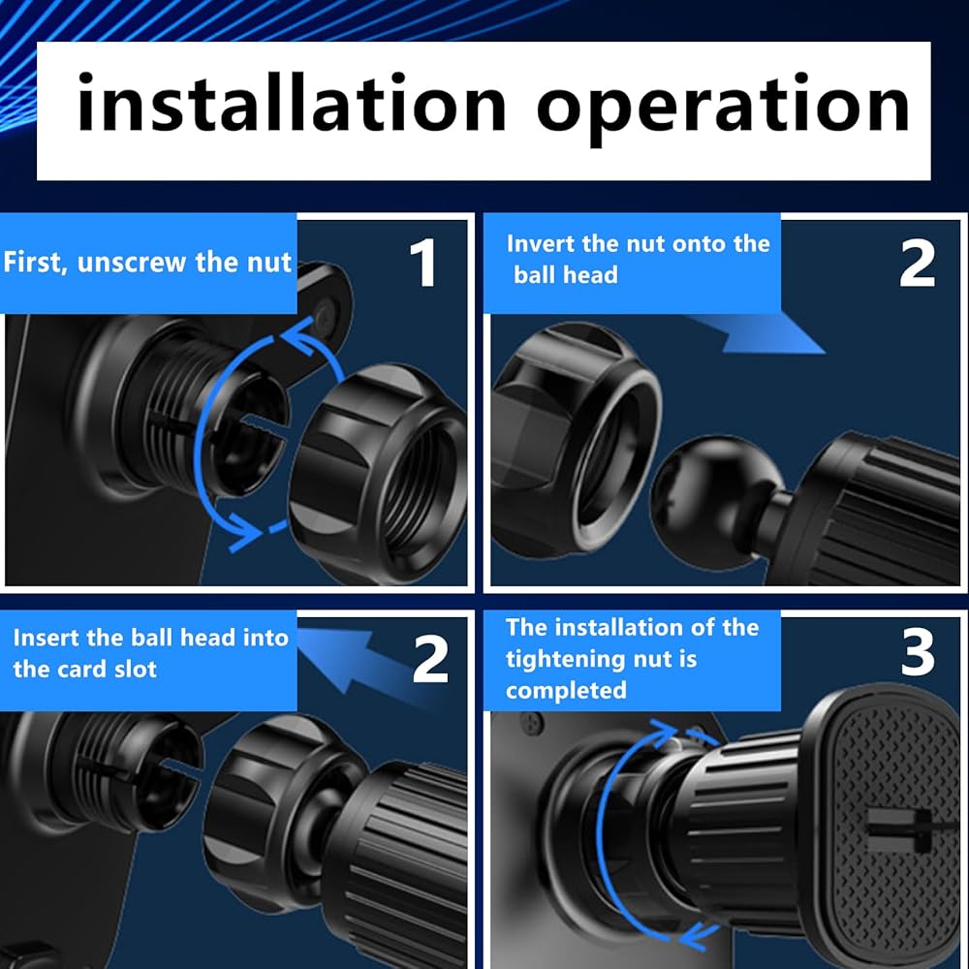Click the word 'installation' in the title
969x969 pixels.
point(291,104)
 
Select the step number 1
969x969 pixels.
point(423,263)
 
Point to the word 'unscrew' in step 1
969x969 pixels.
point(132,263)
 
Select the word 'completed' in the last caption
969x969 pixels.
point(566,690)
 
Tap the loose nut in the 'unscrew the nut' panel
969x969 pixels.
point(378,473)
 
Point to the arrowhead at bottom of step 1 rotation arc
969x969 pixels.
point(244,531)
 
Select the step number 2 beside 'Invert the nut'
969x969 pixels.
point(917,264)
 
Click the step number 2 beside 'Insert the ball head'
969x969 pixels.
point(430,659)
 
